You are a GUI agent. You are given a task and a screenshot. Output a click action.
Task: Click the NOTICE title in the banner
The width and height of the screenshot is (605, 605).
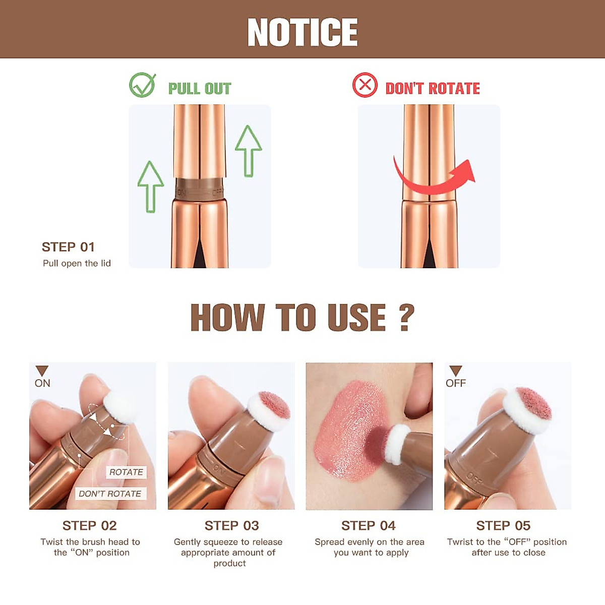tap(302, 32)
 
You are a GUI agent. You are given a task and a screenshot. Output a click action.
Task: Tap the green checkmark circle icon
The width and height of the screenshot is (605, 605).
tap(142, 85)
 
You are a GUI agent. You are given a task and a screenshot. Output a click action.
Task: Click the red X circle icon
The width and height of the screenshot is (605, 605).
tap(365, 85)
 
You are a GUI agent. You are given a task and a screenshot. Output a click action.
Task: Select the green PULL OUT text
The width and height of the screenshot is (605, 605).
tap(200, 89)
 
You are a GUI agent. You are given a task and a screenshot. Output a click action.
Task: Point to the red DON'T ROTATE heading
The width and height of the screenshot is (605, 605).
tap(433, 89)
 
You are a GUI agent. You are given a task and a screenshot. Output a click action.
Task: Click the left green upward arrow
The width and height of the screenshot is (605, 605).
tap(150, 187)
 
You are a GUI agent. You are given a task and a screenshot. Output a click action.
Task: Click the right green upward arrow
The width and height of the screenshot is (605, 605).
tap(248, 151)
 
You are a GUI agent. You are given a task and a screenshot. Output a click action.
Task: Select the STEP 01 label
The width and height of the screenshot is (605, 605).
tap(68, 247)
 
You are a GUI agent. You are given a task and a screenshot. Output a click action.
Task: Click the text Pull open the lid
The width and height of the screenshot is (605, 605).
tap(77, 263)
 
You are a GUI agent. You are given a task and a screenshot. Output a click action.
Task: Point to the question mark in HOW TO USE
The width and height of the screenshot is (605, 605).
tap(406, 318)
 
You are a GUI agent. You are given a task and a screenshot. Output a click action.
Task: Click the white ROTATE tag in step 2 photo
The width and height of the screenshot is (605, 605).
tap(126, 472)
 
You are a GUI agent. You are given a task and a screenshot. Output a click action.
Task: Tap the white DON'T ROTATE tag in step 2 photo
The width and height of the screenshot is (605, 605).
tap(110, 494)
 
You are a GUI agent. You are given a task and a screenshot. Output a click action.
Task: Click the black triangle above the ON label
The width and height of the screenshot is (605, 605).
tap(42, 371)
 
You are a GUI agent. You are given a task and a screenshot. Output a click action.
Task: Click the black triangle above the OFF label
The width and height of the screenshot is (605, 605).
tap(455, 371)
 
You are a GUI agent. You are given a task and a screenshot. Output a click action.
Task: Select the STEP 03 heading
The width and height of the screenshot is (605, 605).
tap(231, 526)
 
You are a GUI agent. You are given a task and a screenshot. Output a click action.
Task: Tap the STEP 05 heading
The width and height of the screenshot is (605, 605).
tap(503, 526)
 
